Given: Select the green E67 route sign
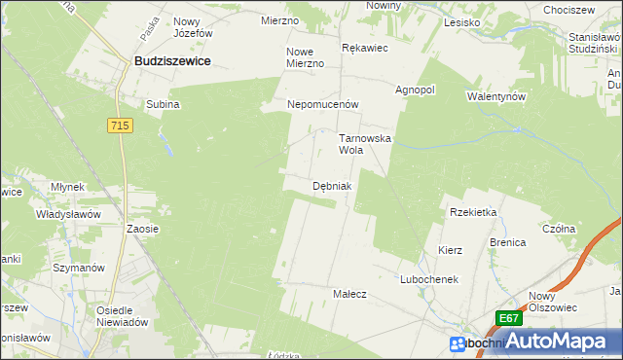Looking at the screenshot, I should pos(508,318).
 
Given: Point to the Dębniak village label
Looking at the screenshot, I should pos(332,185).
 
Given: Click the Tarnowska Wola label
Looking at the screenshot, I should pos(364,144).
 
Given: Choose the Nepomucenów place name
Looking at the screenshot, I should pos(323,103).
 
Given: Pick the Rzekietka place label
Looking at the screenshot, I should pos(473,212).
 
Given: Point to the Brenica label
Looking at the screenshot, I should pos(507,241).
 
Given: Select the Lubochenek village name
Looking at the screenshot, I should pos(428,278).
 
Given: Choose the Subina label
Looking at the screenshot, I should pos(163,104).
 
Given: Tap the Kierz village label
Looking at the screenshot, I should pos(450,250).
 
